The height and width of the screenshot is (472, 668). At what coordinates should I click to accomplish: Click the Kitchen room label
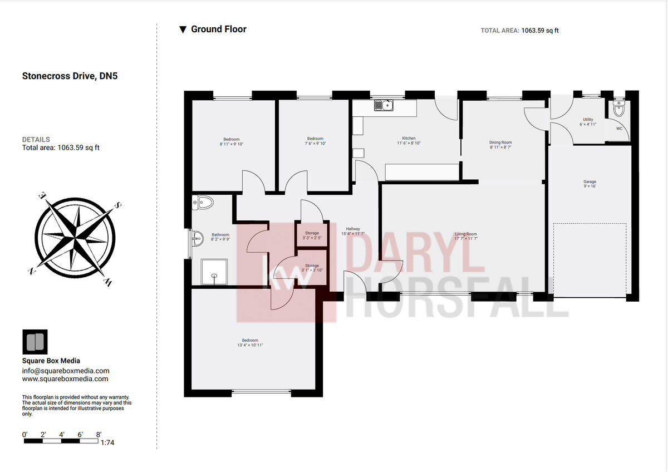[409, 139]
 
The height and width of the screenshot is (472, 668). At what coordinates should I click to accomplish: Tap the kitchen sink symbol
[383, 105]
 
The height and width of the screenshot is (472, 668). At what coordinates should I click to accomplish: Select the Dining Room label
[500, 142]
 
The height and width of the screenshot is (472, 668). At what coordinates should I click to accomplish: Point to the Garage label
[590, 182]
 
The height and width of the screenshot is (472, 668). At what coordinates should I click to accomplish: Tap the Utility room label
[588, 120]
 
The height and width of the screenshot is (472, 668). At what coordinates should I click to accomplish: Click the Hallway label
[353, 229]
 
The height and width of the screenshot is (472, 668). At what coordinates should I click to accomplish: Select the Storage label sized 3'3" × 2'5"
[312, 233]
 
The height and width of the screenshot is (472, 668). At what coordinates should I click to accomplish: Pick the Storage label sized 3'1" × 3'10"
[312, 267]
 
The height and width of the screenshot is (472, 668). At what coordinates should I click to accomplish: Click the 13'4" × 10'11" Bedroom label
[250, 340]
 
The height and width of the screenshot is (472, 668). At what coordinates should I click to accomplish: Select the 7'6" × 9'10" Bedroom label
[315, 139]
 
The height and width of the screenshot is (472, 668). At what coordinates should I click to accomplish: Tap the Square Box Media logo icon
[35, 342]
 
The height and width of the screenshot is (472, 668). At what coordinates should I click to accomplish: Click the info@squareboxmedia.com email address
[66, 371]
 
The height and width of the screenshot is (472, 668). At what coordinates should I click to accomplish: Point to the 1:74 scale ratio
[107, 443]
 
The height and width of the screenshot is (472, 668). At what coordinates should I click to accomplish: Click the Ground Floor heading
[218, 29]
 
